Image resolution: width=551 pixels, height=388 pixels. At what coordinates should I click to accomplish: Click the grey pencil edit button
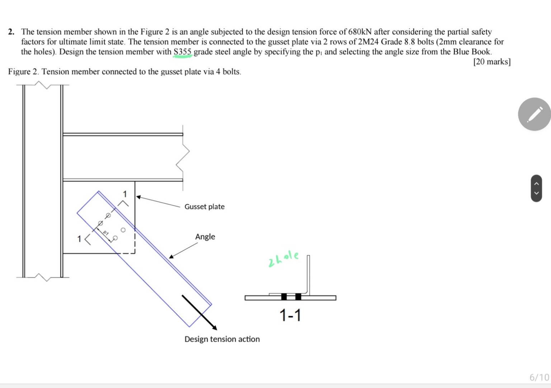tap(534, 114)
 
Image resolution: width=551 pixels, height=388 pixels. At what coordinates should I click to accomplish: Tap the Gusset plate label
tap(204, 207)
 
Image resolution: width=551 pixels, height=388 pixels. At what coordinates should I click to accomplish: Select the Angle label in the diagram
tap(205, 237)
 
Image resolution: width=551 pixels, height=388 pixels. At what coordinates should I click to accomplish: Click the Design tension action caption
tap(222, 339)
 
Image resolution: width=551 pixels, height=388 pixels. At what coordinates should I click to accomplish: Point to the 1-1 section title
tap(290, 315)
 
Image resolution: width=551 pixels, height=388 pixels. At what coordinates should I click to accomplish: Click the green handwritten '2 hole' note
tap(283, 259)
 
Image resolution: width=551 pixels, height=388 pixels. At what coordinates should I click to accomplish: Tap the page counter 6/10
tap(539, 377)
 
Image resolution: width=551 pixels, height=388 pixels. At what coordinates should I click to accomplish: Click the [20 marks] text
tap(492, 62)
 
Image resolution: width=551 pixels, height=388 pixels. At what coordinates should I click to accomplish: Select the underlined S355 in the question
tap(183, 52)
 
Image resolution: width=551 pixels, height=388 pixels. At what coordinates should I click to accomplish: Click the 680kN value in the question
tap(360, 32)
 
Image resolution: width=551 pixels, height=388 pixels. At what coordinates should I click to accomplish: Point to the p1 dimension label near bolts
tap(105, 233)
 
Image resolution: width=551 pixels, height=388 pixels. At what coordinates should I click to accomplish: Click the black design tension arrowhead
tap(214, 327)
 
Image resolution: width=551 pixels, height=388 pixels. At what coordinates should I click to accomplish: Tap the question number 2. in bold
tap(11, 32)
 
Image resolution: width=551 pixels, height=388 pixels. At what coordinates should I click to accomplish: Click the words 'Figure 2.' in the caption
tap(24, 72)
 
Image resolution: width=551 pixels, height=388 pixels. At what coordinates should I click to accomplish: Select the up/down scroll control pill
tap(536, 188)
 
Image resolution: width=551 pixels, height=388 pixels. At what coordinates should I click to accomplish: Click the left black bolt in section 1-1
tap(284, 297)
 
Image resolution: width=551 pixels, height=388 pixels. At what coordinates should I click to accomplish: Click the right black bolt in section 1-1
tap(298, 297)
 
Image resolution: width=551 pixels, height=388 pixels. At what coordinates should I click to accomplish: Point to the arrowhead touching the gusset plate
tap(138, 197)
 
